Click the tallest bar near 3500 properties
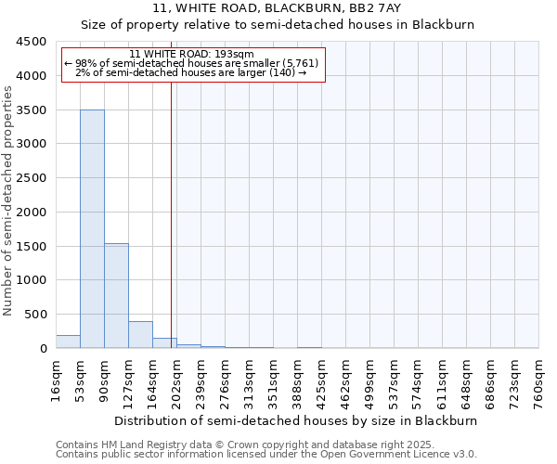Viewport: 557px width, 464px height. tap(92, 228)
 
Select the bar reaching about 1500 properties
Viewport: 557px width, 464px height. tap(116, 295)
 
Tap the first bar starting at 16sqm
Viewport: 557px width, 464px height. tap(68, 342)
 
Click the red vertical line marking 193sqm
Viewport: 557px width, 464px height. tap(172, 213)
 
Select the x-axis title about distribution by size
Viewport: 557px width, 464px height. tap(297, 420)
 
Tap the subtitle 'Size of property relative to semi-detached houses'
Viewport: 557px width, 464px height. tap(278, 25)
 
